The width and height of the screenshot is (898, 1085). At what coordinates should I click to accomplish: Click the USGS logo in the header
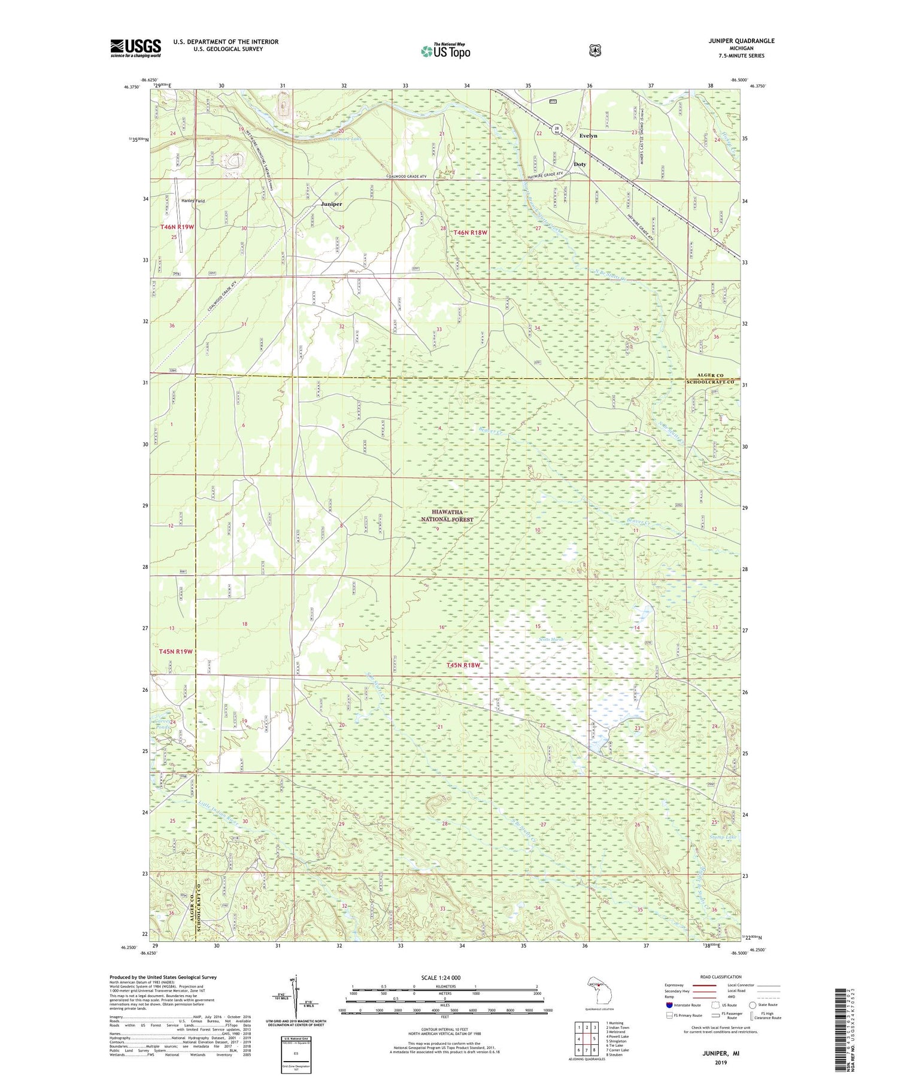click(x=135, y=48)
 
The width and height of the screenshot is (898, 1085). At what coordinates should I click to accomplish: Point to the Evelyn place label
click(x=588, y=136)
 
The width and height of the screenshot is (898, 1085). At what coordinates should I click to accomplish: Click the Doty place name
click(x=580, y=164)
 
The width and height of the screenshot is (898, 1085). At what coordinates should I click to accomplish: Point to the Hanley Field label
click(x=193, y=201)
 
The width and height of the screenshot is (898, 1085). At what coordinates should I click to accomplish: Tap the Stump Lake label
click(x=723, y=837)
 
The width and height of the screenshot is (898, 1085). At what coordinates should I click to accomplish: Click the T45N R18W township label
click(x=464, y=665)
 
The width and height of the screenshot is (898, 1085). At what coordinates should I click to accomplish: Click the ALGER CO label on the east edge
click(x=723, y=375)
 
